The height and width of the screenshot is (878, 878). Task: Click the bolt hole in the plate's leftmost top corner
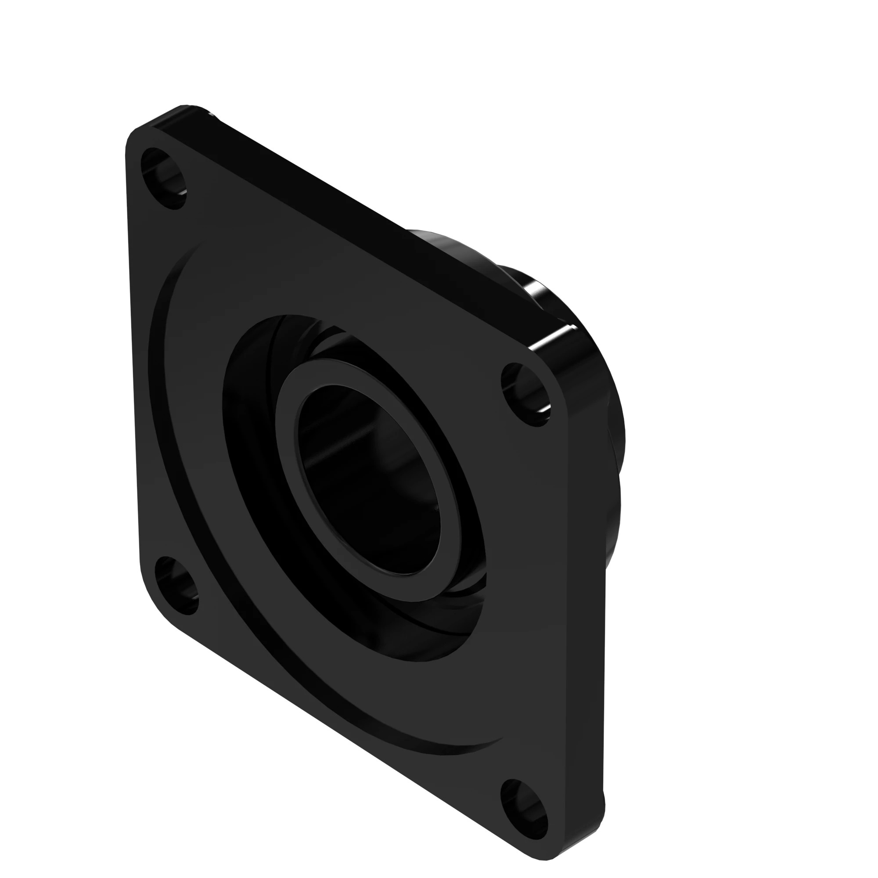[x=164, y=179]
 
